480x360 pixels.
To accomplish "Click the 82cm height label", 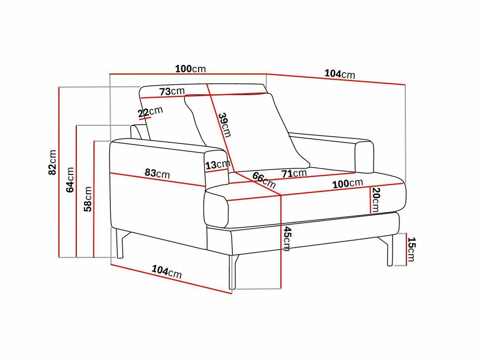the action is pyautogui.click(x=52, y=163).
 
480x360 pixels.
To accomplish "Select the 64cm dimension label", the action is pyautogui.click(x=70, y=180).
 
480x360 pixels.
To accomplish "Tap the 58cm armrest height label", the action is pyautogui.click(x=88, y=199).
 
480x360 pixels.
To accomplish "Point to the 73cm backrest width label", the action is pyautogui.click(x=172, y=91).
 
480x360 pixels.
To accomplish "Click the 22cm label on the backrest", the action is pyautogui.click(x=151, y=111).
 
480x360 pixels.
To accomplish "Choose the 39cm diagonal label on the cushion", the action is pyautogui.click(x=225, y=125).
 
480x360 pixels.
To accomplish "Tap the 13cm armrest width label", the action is pyautogui.click(x=218, y=165).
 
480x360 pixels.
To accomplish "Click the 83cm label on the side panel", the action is pyautogui.click(x=157, y=174).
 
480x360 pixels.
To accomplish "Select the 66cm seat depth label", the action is pyautogui.click(x=264, y=180).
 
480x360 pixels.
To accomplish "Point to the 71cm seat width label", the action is pyautogui.click(x=294, y=173).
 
